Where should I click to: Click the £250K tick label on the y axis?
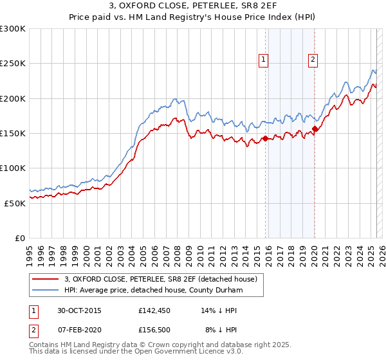tap(12, 64)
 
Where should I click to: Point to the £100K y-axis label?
tap(12, 168)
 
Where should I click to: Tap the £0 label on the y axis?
tap(21, 238)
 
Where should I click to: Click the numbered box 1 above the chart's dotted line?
tap(264, 60)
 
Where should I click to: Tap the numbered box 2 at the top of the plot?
tap(313, 60)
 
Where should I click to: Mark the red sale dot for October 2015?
tap(265, 138)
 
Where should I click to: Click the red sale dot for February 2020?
tap(315, 129)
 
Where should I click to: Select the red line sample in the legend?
tap(45, 279)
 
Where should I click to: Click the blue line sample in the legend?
tap(45, 291)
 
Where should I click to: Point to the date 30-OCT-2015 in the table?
tap(79, 310)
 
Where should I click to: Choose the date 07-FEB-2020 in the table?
tap(79, 330)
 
